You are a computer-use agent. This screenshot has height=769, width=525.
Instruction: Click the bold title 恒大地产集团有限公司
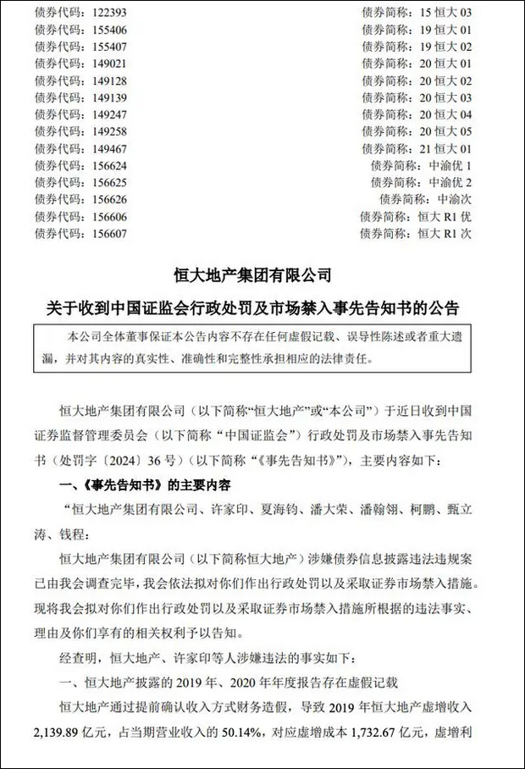click(x=262, y=276)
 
